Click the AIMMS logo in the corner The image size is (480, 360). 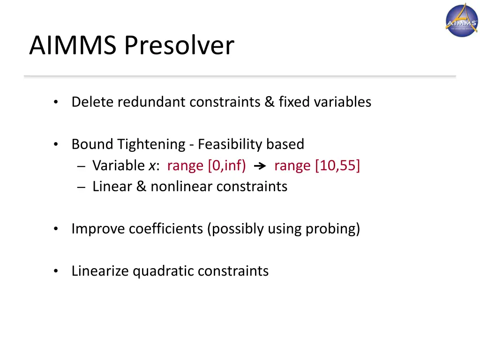pos(462,20)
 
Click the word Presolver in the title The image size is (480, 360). pos(179,46)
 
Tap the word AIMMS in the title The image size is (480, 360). pos(73,46)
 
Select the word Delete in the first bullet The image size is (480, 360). pos(93,102)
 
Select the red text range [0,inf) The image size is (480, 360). pos(206,165)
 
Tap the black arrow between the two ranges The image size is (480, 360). pos(260,166)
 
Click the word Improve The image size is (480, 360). pos(98,229)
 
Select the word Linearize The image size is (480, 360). pos(100,271)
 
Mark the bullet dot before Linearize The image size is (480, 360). pos(56,271)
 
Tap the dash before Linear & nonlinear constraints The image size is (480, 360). pos(82,187)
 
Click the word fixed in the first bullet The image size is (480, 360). pos(294,102)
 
